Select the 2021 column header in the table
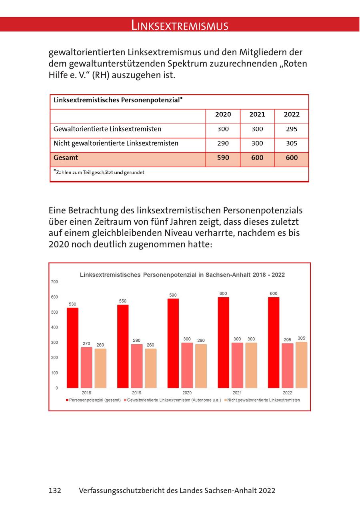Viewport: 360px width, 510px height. click(257, 115)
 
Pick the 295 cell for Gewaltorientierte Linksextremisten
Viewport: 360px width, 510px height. click(292, 129)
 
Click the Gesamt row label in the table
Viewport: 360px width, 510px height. click(66, 158)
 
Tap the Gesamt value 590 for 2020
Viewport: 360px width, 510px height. click(223, 158)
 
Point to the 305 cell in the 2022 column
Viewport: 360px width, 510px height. click(292, 143)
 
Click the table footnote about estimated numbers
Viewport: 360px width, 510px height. click(99, 173)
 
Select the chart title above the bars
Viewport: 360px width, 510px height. click(182, 275)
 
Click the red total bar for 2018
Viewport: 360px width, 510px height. click(72, 348)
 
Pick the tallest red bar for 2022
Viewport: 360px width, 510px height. click(274, 343)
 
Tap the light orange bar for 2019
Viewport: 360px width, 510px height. click(151, 368)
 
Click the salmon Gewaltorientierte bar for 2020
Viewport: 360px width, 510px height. click(187, 365)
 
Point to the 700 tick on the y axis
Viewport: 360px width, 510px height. click(54, 282)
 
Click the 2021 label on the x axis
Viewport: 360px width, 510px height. click(237, 393)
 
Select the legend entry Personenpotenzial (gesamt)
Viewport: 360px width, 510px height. click(94, 400)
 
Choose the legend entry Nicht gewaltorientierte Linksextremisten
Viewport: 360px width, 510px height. click(263, 400)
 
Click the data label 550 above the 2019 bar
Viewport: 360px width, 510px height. click(123, 301)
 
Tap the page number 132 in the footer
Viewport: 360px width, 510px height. click(55, 490)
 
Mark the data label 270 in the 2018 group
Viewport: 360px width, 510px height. click(86, 343)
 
